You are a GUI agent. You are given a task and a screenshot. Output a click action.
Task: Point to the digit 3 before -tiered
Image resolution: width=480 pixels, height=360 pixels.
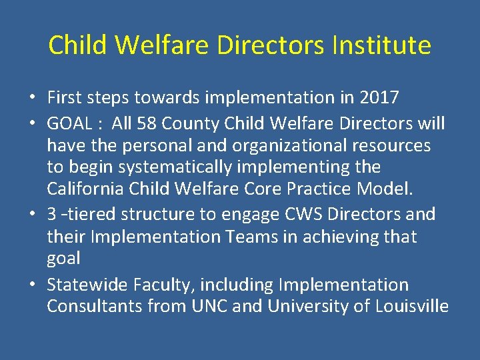52,215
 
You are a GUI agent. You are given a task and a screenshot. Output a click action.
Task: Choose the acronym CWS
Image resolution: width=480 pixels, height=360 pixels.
307,215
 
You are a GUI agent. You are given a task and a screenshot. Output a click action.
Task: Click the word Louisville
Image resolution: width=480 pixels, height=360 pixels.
411,307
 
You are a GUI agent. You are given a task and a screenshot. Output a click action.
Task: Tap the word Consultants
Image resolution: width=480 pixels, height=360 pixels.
94,307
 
